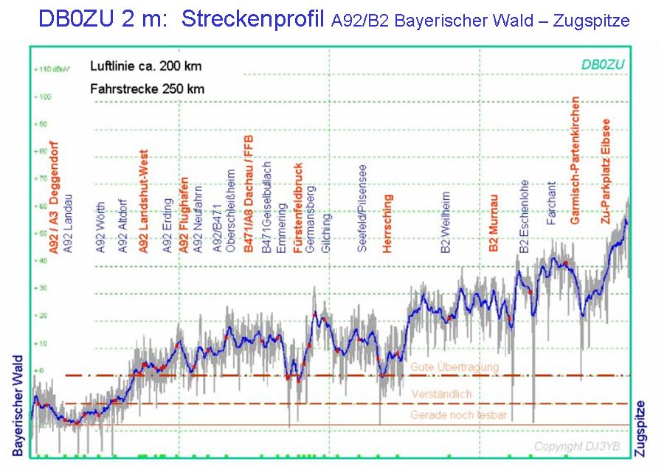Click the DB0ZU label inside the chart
tap(603, 64)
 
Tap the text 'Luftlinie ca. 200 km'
tap(146, 66)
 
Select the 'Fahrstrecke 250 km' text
tap(148, 89)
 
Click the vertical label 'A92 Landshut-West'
tap(144, 201)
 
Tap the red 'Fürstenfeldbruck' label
tap(298, 209)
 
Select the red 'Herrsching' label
tap(388, 223)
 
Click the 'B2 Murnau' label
tap(494, 224)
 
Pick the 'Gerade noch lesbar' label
tap(459, 416)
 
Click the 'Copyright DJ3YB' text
tap(578, 447)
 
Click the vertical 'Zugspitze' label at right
tap(641, 427)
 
